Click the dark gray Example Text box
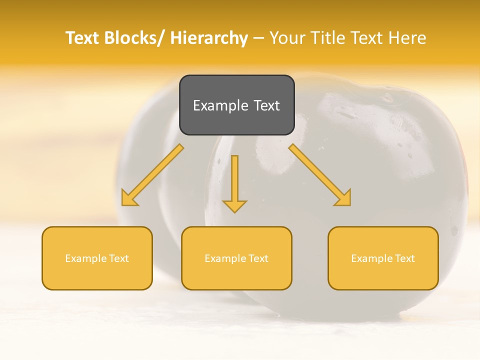pyautogui.click(x=236, y=105)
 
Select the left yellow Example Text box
pyautogui.click(x=97, y=258)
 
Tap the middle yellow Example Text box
pyautogui.click(x=236, y=258)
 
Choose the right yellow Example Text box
pyautogui.click(x=383, y=258)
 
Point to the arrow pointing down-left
pyautogui.click(x=152, y=175)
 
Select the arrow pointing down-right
pyautogui.click(x=320, y=175)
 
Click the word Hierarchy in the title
pyautogui.click(x=209, y=38)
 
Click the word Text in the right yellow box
pyautogui.click(x=405, y=258)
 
